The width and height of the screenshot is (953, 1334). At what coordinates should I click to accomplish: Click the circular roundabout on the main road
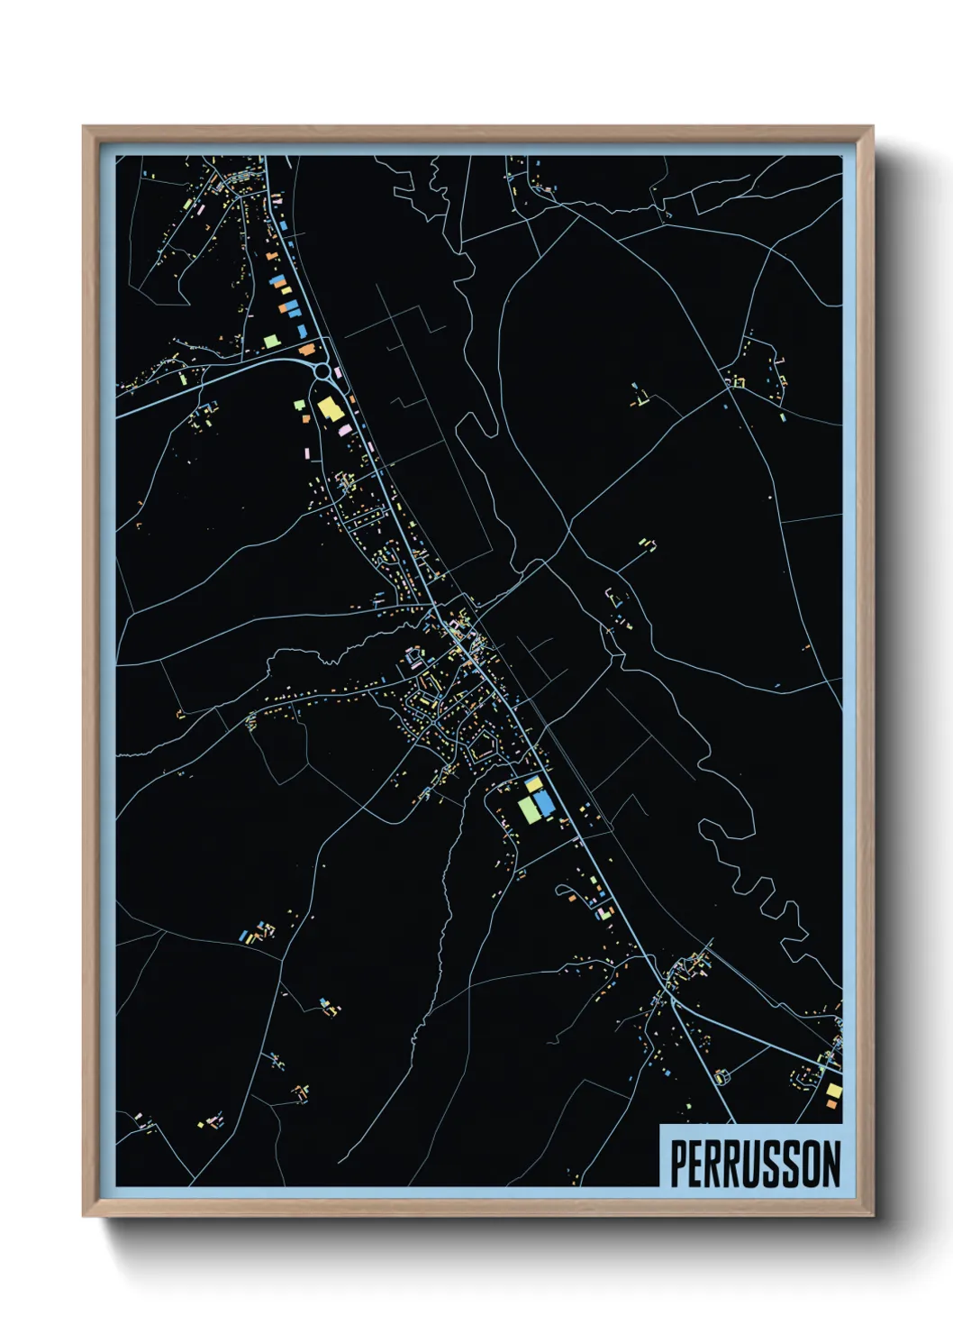coord(322,370)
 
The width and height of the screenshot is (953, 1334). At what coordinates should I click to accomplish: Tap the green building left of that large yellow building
coord(298,406)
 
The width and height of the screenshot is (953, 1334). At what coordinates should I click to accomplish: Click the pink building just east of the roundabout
coord(338,370)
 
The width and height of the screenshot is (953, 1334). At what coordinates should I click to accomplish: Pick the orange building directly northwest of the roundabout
coord(307,349)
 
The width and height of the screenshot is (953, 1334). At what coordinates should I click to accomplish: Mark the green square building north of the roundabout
coord(270,341)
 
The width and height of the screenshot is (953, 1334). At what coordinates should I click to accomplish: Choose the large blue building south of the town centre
coord(544,804)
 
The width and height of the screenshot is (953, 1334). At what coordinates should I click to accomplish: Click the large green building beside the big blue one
coord(528,809)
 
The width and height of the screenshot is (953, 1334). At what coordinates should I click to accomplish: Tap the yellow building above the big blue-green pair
coord(534,783)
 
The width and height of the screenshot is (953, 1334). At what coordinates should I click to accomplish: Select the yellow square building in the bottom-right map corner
coord(834,1091)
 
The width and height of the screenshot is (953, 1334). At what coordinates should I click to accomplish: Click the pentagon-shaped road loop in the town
coord(482,745)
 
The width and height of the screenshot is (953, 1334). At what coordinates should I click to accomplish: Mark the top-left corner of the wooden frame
coord(85,128)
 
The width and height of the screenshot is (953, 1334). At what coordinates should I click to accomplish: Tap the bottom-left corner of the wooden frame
coord(85,1214)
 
